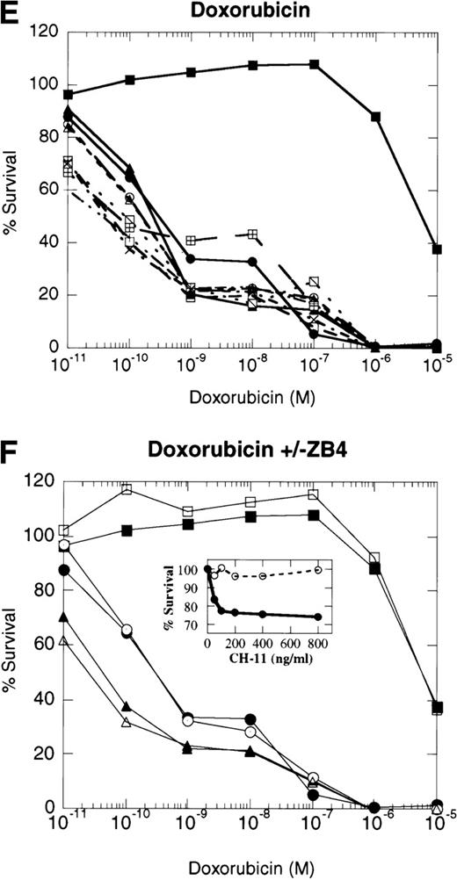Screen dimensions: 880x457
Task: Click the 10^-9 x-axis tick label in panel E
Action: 191,363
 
